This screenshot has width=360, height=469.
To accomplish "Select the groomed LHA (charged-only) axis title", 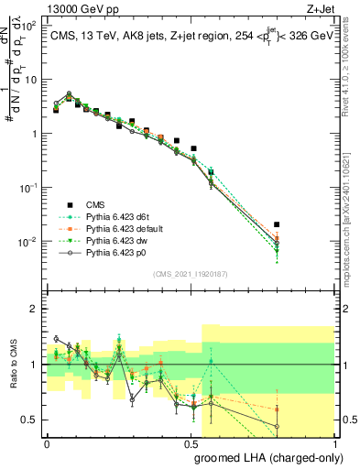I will tap(274, 457).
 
